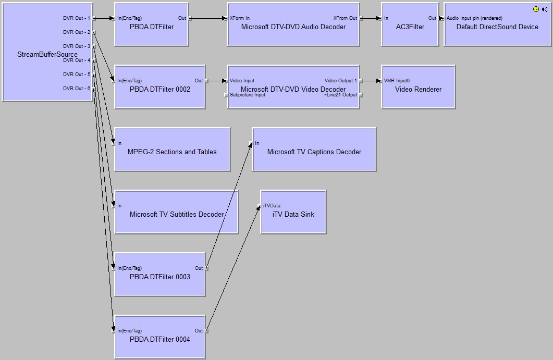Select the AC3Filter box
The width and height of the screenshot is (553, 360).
[410, 27]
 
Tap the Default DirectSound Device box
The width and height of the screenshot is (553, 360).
[497, 27]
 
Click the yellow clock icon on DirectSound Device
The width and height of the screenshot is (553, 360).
[536, 9]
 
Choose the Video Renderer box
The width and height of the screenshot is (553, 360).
[418, 90]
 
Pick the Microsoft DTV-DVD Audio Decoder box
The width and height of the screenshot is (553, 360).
[293, 27]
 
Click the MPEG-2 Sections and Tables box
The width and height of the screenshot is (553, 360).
[172, 152]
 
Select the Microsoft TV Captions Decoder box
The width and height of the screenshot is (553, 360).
[314, 152]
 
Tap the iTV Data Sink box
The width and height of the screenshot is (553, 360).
[293, 215]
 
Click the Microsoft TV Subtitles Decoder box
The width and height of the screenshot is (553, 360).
[176, 215]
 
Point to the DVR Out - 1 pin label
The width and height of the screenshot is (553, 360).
[77, 18]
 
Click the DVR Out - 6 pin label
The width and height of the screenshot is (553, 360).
[77, 89]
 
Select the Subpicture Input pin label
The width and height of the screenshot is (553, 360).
[247, 95]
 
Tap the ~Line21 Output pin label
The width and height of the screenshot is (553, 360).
[340, 95]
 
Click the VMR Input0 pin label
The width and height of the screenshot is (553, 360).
[397, 81]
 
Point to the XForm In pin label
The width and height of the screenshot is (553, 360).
[239, 18]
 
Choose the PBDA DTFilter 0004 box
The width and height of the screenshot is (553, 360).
[159, 340]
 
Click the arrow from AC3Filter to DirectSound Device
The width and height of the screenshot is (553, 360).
[441, 18]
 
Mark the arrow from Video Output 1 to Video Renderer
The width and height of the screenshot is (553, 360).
[371, 81]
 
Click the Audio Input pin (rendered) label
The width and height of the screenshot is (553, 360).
[474, 18]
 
